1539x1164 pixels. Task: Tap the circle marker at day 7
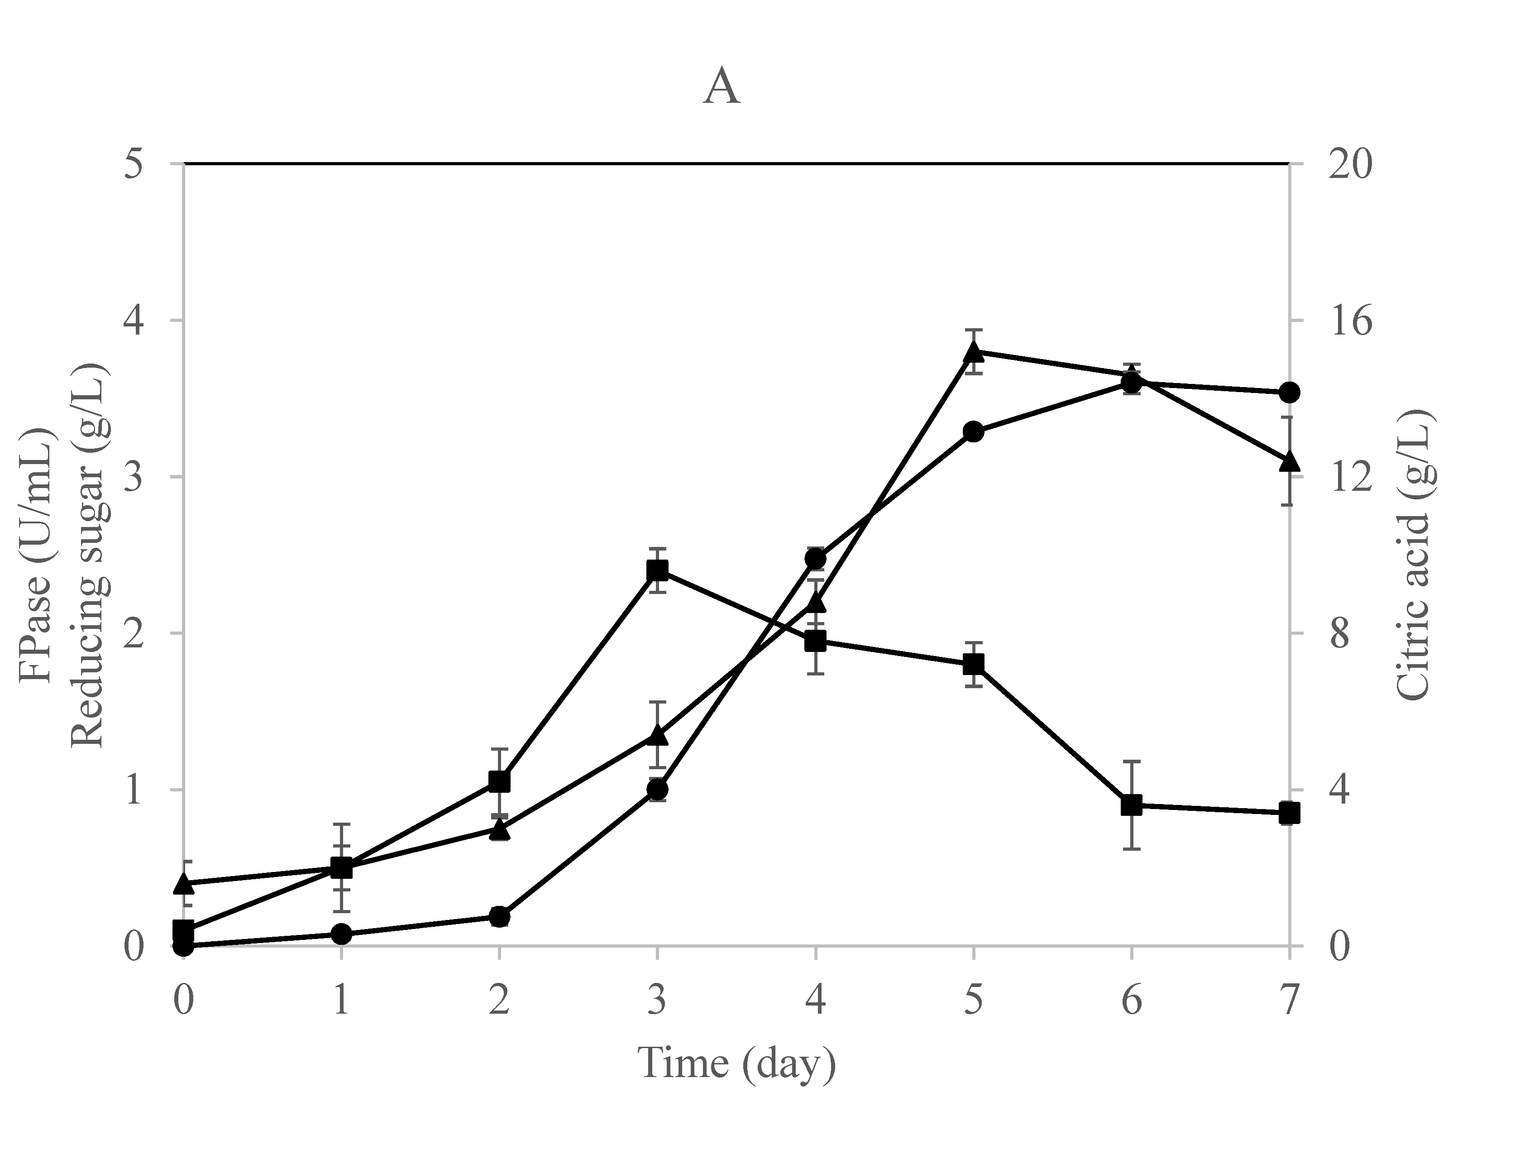1289,393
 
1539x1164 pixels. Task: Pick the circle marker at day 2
499,916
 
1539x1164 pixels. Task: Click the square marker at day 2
499,781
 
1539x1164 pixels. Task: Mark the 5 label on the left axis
133,165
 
